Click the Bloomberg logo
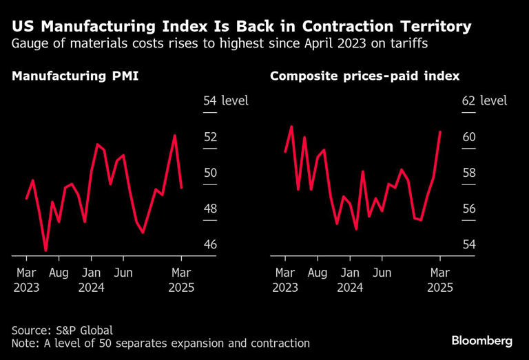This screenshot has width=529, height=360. click(x=482, y=341)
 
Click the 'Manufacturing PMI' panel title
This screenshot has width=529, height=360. click(x=75, y=76)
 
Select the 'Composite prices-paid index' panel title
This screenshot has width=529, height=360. click(x=364, y=76)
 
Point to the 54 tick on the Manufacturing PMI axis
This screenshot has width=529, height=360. click(x=210, y=101)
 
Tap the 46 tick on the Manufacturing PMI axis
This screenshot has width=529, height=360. click(x=210, y=244)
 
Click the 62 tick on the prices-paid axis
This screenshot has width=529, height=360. click(x=468, y=101)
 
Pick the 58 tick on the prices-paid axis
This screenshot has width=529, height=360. click(x=468, y=173)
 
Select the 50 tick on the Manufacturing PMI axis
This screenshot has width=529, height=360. click(x=210, y=173)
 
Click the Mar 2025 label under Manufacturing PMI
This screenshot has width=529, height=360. click(x=181, y=280)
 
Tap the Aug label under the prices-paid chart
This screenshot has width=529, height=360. click(x=318, y=273)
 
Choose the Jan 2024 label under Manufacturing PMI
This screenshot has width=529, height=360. click(x=91, y=280)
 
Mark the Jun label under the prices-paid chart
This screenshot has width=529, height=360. click(x=382, y=273)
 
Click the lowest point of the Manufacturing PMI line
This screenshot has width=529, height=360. click(x=46, y=251)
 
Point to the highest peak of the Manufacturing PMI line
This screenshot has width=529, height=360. click(x=175, y=136)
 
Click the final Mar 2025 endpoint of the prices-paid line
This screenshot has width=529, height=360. click(x=440, y=131)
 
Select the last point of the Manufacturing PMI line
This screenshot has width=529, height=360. click(x=181, y=187)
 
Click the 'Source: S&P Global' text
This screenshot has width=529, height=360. click(x=62, y=330)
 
